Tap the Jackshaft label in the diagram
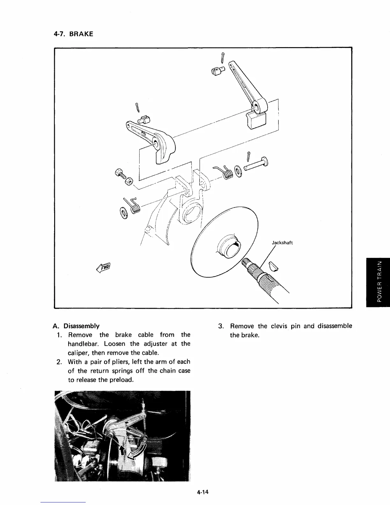(x=282, y=243)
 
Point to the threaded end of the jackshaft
(x=245, y=263)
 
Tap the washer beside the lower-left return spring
(x=123, y=213)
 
